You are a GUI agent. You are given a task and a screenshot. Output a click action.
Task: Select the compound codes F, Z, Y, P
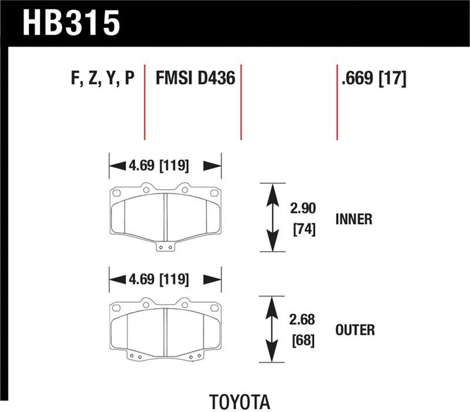(103, 79)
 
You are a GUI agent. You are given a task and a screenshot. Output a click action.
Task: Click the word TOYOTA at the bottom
(239, 403)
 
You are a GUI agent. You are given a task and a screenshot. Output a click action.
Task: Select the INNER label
(354, 219)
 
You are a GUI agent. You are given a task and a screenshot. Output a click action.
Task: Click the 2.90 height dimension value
(303, 208)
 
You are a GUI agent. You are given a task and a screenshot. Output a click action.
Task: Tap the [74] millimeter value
(303, 230)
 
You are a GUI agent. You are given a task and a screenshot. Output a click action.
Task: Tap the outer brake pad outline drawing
(165, 329)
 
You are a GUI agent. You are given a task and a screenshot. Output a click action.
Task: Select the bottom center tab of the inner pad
(166, 246)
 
